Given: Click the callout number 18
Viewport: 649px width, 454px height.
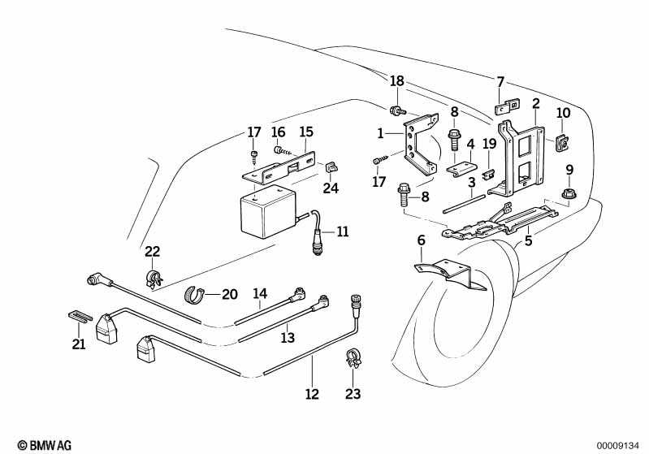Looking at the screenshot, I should tap(396, 81).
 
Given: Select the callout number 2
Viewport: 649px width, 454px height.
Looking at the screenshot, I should tap(536, 103).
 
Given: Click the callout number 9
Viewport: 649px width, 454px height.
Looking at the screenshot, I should tap(569, 170).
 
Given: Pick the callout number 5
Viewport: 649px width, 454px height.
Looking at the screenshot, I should tap(421, 240).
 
